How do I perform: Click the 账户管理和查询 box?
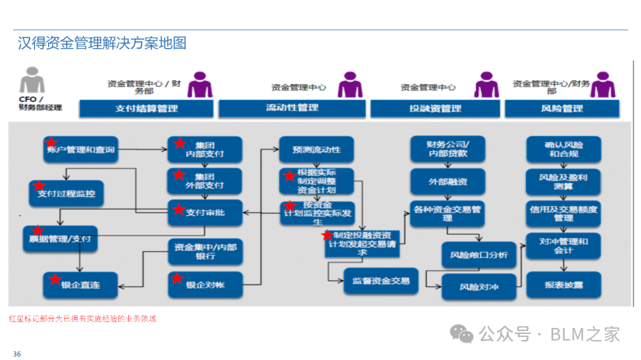[80, 150]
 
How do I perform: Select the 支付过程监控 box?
[66, 193]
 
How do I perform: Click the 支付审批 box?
[205, 212]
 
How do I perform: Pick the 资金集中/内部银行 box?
[205, 251]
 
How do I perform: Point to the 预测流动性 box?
[316, 149]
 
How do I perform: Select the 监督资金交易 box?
[381, 281]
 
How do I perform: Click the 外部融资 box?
[448, 181]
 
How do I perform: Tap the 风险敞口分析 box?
[478, 255]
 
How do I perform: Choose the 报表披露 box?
[563, 285]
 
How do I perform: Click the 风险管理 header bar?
[561, 109]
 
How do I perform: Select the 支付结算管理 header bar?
[146, 109]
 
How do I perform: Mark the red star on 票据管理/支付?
[38, 230]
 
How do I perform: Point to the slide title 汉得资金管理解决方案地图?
[102, 44]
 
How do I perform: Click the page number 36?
[17, 354]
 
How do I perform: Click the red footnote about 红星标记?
[83, 318]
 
